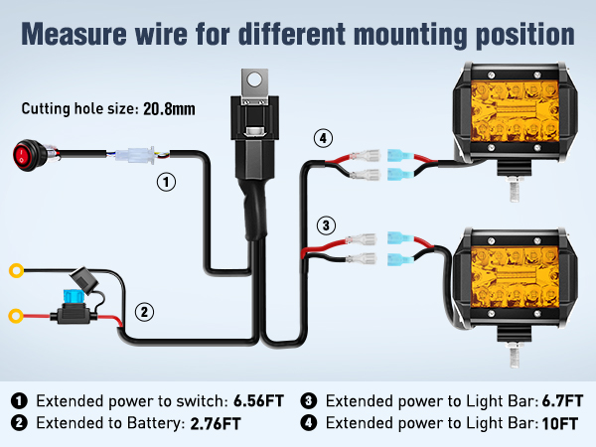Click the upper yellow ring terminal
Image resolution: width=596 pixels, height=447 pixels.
(17, 269)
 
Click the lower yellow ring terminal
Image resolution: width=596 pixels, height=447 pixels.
(17, 317)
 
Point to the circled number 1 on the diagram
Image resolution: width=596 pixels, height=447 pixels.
(168, 182)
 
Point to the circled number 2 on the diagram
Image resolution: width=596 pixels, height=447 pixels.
(145, 312)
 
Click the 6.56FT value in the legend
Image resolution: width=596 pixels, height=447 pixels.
(258, 401)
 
